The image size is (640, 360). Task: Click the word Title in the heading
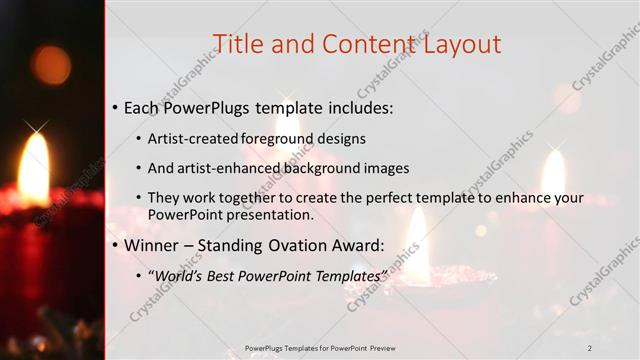click(241, 44)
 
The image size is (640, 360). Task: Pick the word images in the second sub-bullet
click(384, 168)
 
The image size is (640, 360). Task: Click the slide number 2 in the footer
click(589, 348)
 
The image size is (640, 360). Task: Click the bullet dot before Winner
click(115, 245)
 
